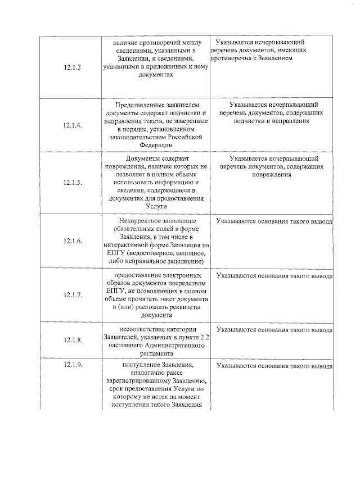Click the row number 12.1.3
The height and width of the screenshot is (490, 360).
point(73,67)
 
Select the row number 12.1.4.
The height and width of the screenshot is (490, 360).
point(73,125)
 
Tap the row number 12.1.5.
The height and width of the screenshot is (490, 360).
point(73,183)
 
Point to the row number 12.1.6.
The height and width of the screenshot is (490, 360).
point(73,241)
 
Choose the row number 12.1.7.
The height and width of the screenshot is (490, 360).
point(73,294)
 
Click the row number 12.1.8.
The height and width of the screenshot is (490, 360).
point(73,340)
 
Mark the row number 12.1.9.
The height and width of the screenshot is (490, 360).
point(73,366)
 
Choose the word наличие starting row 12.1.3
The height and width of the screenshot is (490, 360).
point(125,42)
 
